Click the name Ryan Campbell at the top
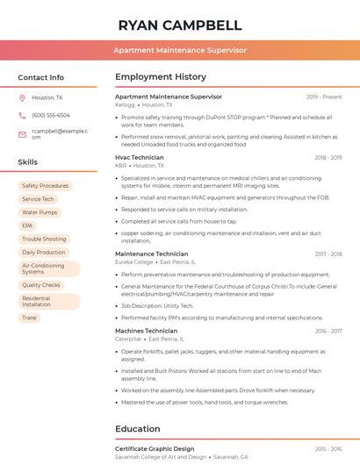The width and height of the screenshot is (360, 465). click(179, 25)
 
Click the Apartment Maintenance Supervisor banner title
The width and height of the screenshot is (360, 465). click(179, 51)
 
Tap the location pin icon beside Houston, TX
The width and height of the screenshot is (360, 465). click(22, 97)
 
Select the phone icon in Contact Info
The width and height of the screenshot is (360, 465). click(22, 115)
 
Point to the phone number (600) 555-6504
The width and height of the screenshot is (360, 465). click(51, 115)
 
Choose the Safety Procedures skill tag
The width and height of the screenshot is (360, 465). click(45, 186)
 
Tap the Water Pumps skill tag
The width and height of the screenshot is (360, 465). click(40, 212)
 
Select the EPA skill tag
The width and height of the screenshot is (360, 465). click(27, 225)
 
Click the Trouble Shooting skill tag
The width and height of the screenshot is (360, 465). click(44, 239)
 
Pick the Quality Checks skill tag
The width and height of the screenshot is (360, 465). click(41, 285)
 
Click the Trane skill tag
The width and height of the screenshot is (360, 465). click(29, 318)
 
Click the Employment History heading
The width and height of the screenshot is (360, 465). click(161, 77)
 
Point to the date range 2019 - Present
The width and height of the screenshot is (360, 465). click(324, 97)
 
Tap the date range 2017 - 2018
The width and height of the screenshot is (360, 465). click(328, 254)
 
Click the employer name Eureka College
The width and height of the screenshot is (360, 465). click(134, 262)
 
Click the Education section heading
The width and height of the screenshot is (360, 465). click(138, 429)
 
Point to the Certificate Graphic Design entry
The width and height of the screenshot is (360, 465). click(155, 448)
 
